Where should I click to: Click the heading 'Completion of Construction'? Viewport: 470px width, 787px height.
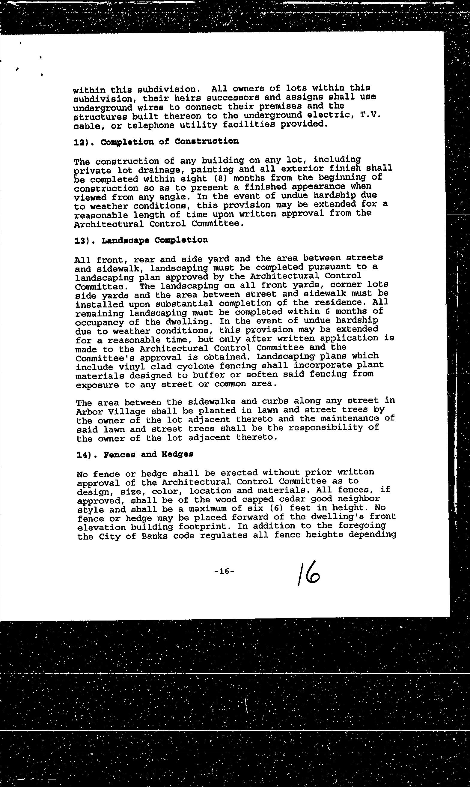169,141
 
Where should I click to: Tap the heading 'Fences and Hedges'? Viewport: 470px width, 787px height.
148,455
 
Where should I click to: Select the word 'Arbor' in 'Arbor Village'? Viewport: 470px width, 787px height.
89,412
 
